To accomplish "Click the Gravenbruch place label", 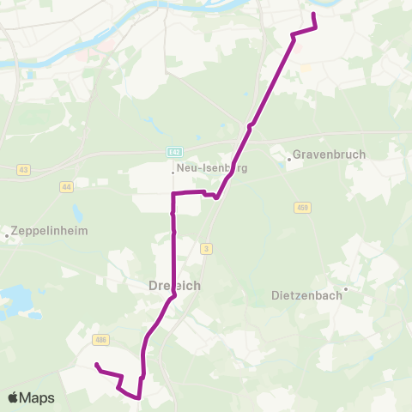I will pyautogui.click(x=330, y=155).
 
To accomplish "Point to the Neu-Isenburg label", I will pyautogui.click(x=212, y=169).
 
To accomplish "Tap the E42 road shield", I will pyautogui.click(x=174, y=151).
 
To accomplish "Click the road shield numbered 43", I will pyautogui.click(x=23, y=170).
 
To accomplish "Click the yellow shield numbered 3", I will pyautogui.click(x=207, y=248).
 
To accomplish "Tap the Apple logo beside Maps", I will pyautogui.click(x=14, y=398).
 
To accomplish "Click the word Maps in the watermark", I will pyautogui.click(x=38, y=398).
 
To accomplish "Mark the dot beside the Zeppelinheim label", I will pyautogui.click(x=8, y=234).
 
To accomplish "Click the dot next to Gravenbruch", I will pyautogui.click(x=288, y=157).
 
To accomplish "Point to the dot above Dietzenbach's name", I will pyautogui.click(x=345, y=289).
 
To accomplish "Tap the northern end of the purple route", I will pyautogui.click(x=313, y=15).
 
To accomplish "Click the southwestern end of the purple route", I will pyautogui.click(x=95, y=365).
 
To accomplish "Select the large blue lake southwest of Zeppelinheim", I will pyautogui.click(x=15, y=300).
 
